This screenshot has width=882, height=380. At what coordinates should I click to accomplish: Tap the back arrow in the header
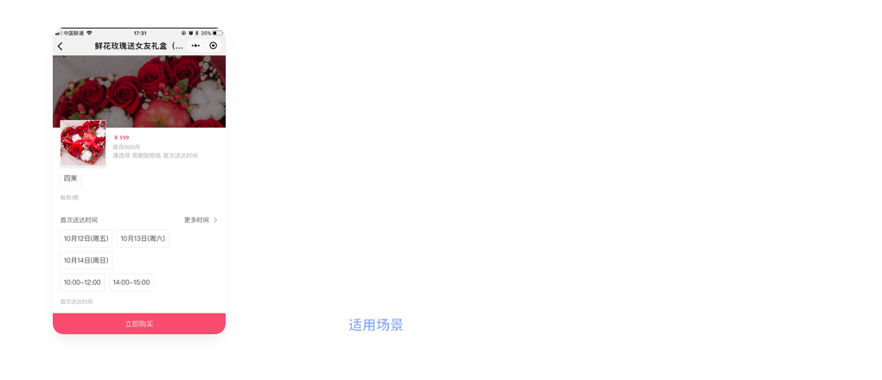pos(60,46)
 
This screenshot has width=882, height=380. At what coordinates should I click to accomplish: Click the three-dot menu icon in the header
pos(195,45)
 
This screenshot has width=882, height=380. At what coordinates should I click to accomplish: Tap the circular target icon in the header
pos(214,45)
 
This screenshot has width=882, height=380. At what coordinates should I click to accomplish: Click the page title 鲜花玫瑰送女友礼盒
pos(138,46)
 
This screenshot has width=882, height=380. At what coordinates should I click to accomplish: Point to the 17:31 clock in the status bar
pos(140,33)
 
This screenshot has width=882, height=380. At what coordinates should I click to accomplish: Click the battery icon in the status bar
pos(218,33)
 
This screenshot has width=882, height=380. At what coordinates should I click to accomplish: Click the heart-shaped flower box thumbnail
pos(83,143)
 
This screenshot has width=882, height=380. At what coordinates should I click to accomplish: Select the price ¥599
pos(121,138)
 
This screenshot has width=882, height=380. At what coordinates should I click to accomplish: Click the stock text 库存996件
pos(126,147)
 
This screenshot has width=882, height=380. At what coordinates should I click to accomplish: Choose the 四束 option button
pos(71,179)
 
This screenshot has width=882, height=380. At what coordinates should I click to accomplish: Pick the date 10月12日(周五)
pos(86,238)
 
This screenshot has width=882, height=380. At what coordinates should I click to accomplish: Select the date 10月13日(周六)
pos(143,238)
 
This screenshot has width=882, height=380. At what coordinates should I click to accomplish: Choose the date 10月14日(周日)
pos(86,260)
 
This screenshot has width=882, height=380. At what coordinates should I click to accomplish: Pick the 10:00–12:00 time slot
pos(82,282)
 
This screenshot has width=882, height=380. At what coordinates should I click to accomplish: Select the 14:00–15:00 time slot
pos(131,282)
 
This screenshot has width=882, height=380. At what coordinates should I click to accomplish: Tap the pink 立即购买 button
pos(139,324)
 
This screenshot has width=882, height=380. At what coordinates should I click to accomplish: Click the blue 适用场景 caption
pos(375,326)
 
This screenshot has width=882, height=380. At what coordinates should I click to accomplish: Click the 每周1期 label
pos(69,198)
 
